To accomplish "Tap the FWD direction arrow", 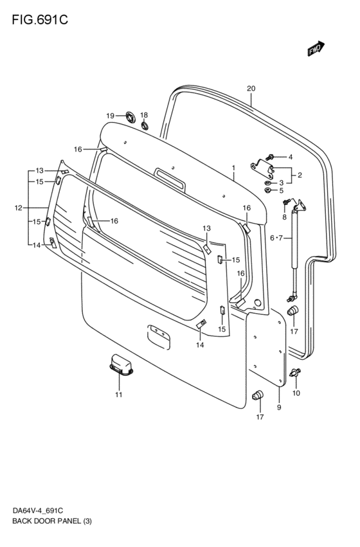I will coord(316,49).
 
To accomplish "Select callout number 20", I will coord(251,89).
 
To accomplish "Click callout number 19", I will coord(111,116).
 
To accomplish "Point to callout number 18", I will coord(144,114).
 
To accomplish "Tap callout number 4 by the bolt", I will coord(290,157).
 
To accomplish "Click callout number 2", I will coord(300,174).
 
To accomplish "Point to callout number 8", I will coord(284,217).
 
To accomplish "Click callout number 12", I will coord(19,208).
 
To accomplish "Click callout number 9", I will coord(279,407).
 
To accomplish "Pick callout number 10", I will coord(296,393).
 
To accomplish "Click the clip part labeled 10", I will coord(296,372).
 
